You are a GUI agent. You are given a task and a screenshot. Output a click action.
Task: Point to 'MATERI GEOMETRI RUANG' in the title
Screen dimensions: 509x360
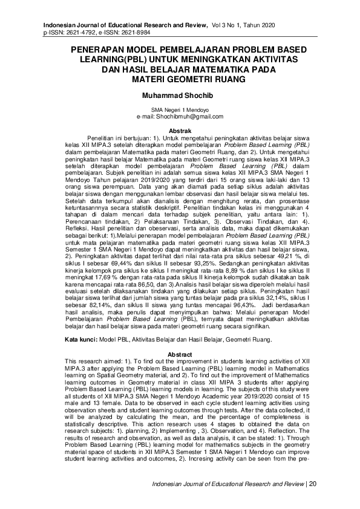coord(180,79)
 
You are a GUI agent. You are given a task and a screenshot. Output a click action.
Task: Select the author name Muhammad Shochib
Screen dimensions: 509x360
coord(180,96)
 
